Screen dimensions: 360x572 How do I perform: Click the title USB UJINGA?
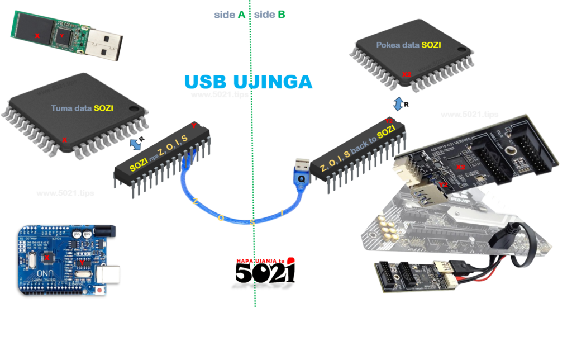[248, 82]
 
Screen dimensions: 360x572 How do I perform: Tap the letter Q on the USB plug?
[302, 178]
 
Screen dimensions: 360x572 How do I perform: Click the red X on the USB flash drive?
[37, 35]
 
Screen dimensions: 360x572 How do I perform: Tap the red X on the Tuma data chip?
[64, 140]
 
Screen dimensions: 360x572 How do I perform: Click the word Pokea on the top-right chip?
[388, 45]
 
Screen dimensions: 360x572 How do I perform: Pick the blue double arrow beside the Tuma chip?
[136, 145]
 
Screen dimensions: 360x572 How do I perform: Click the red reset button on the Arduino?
[99, 291]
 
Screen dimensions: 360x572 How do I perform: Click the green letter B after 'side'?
[281, 15]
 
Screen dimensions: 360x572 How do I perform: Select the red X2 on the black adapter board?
[460, 167]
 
